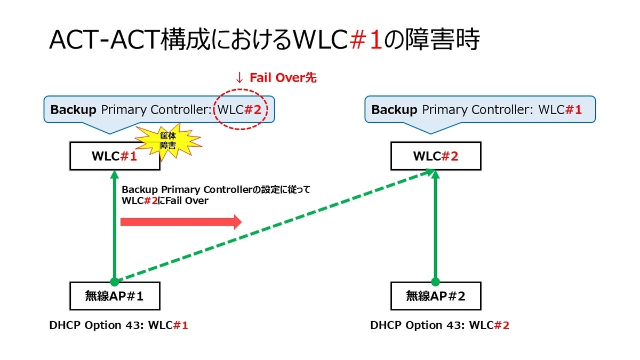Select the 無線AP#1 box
coord(115,296)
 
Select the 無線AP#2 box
coord(436,296)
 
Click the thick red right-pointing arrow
coord(181,221)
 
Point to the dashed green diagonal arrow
coord(272,226)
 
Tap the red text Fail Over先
coord(283,78)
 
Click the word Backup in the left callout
coord(73,110)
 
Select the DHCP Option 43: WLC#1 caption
coord(118,325)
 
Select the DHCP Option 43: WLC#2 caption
coord(439,325)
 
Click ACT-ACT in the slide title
coord(104,40)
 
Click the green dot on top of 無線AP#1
coord(115,282)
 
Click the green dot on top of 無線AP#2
coord(436,282)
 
